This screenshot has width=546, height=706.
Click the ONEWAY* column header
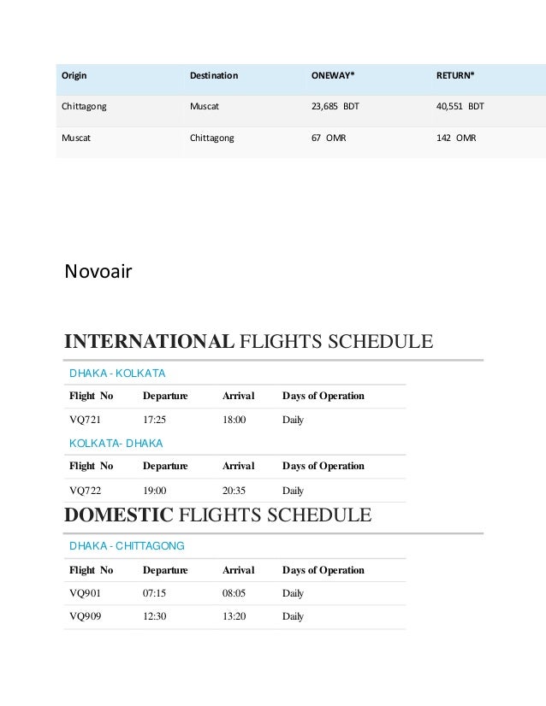click(x=332, y=76)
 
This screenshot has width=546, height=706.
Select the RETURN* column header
click(x=455, y=76)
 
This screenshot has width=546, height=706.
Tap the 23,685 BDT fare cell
click(x=335, y=108)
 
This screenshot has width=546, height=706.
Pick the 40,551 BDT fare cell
click(x=460, y=108)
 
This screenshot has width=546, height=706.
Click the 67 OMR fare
click(x=328, y=137)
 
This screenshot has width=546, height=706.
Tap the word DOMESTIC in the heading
click(x=118, y=515)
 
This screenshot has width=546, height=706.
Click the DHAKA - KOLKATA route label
click(x=117, y=374)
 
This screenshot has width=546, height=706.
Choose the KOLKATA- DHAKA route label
click(x=116, y=443)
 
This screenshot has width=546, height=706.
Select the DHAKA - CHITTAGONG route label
click(x=127, y=544)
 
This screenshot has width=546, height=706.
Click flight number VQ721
click(x=85, y=421)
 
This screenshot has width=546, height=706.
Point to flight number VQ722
click(x=85, y=491)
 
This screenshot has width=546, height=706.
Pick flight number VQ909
click(x=85, y=616)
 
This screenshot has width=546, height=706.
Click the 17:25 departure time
click(x=154, y=421)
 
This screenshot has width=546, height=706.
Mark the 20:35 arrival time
click(x=234, y=491)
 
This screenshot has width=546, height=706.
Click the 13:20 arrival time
click(x=234, y=616)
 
